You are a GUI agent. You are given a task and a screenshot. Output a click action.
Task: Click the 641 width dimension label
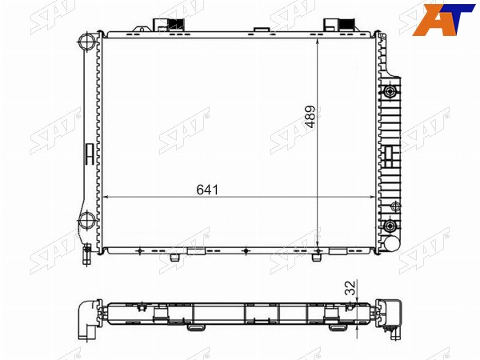(x=207, y=190)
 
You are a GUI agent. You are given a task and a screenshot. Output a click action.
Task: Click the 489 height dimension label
(x=310, y=117)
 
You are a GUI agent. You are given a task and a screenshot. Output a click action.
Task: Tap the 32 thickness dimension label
(x=351, y=287)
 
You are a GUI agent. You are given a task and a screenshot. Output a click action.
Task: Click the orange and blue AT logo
(x=442, y=19)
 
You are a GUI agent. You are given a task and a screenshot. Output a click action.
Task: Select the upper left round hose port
(x=87, y=42)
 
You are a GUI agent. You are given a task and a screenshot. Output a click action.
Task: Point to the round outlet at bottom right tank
(x=392, y=244)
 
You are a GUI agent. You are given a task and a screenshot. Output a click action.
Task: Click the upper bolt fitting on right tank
(x=390, y=91)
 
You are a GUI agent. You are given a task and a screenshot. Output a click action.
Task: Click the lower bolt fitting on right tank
(x=390, y=226)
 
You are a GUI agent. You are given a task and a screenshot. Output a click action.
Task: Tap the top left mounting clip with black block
(x=168, y=25)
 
